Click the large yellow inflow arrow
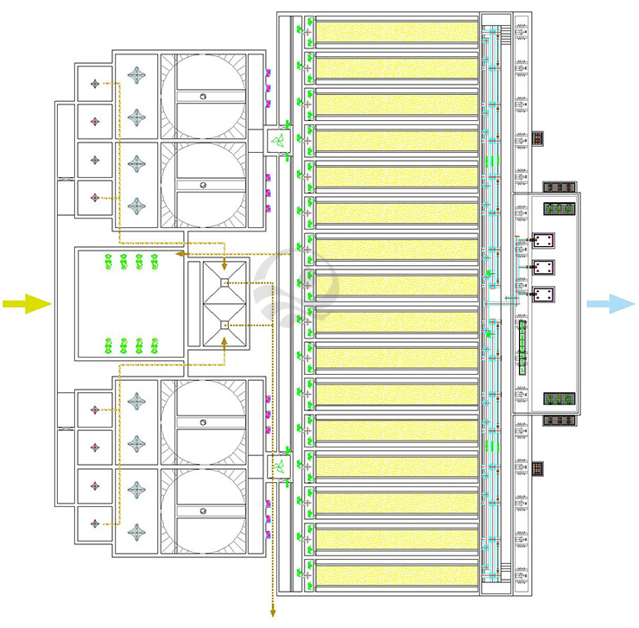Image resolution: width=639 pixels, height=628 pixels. pyautogui.click(x=27, y=303)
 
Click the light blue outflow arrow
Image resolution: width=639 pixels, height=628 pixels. pyautogui.click(x=611, y=303)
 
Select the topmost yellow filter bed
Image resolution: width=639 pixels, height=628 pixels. pyautogui.click(x=396, y=32)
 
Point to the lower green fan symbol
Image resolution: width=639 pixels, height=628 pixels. pyautogui.click(x=278, y=466)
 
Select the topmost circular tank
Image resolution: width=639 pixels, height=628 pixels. pyautogui.click(x=203, y=96)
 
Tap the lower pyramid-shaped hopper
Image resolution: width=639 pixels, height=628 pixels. pyautogui.click(x=225, y=325)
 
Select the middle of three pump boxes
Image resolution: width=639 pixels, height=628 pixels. pyautogui.click(x=544, y=267)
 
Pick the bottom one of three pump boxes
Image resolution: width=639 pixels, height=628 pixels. pyautogui.click(x=544, y=295)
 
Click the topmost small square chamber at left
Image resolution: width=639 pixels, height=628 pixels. pyautogui.click(x=94, y=84)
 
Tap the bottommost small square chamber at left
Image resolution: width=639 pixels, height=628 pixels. pyautogui.click(x=94, y=522)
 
